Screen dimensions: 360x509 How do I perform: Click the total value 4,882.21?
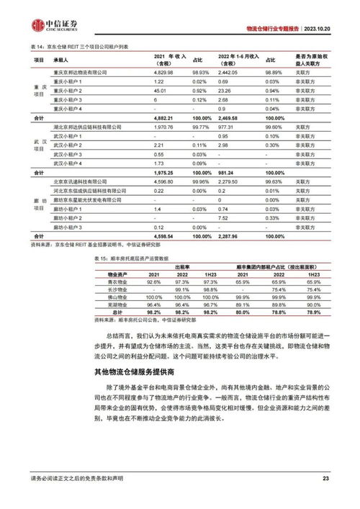point(164,117)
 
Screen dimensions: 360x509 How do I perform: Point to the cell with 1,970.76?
point(165,126)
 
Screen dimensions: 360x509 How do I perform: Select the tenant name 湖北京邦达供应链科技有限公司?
point(87,126)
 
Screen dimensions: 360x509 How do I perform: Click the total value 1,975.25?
point(165,173)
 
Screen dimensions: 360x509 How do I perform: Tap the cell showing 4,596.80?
point(165,182)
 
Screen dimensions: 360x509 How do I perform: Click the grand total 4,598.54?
point(165,235)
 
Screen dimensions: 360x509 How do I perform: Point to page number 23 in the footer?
point(325,478)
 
